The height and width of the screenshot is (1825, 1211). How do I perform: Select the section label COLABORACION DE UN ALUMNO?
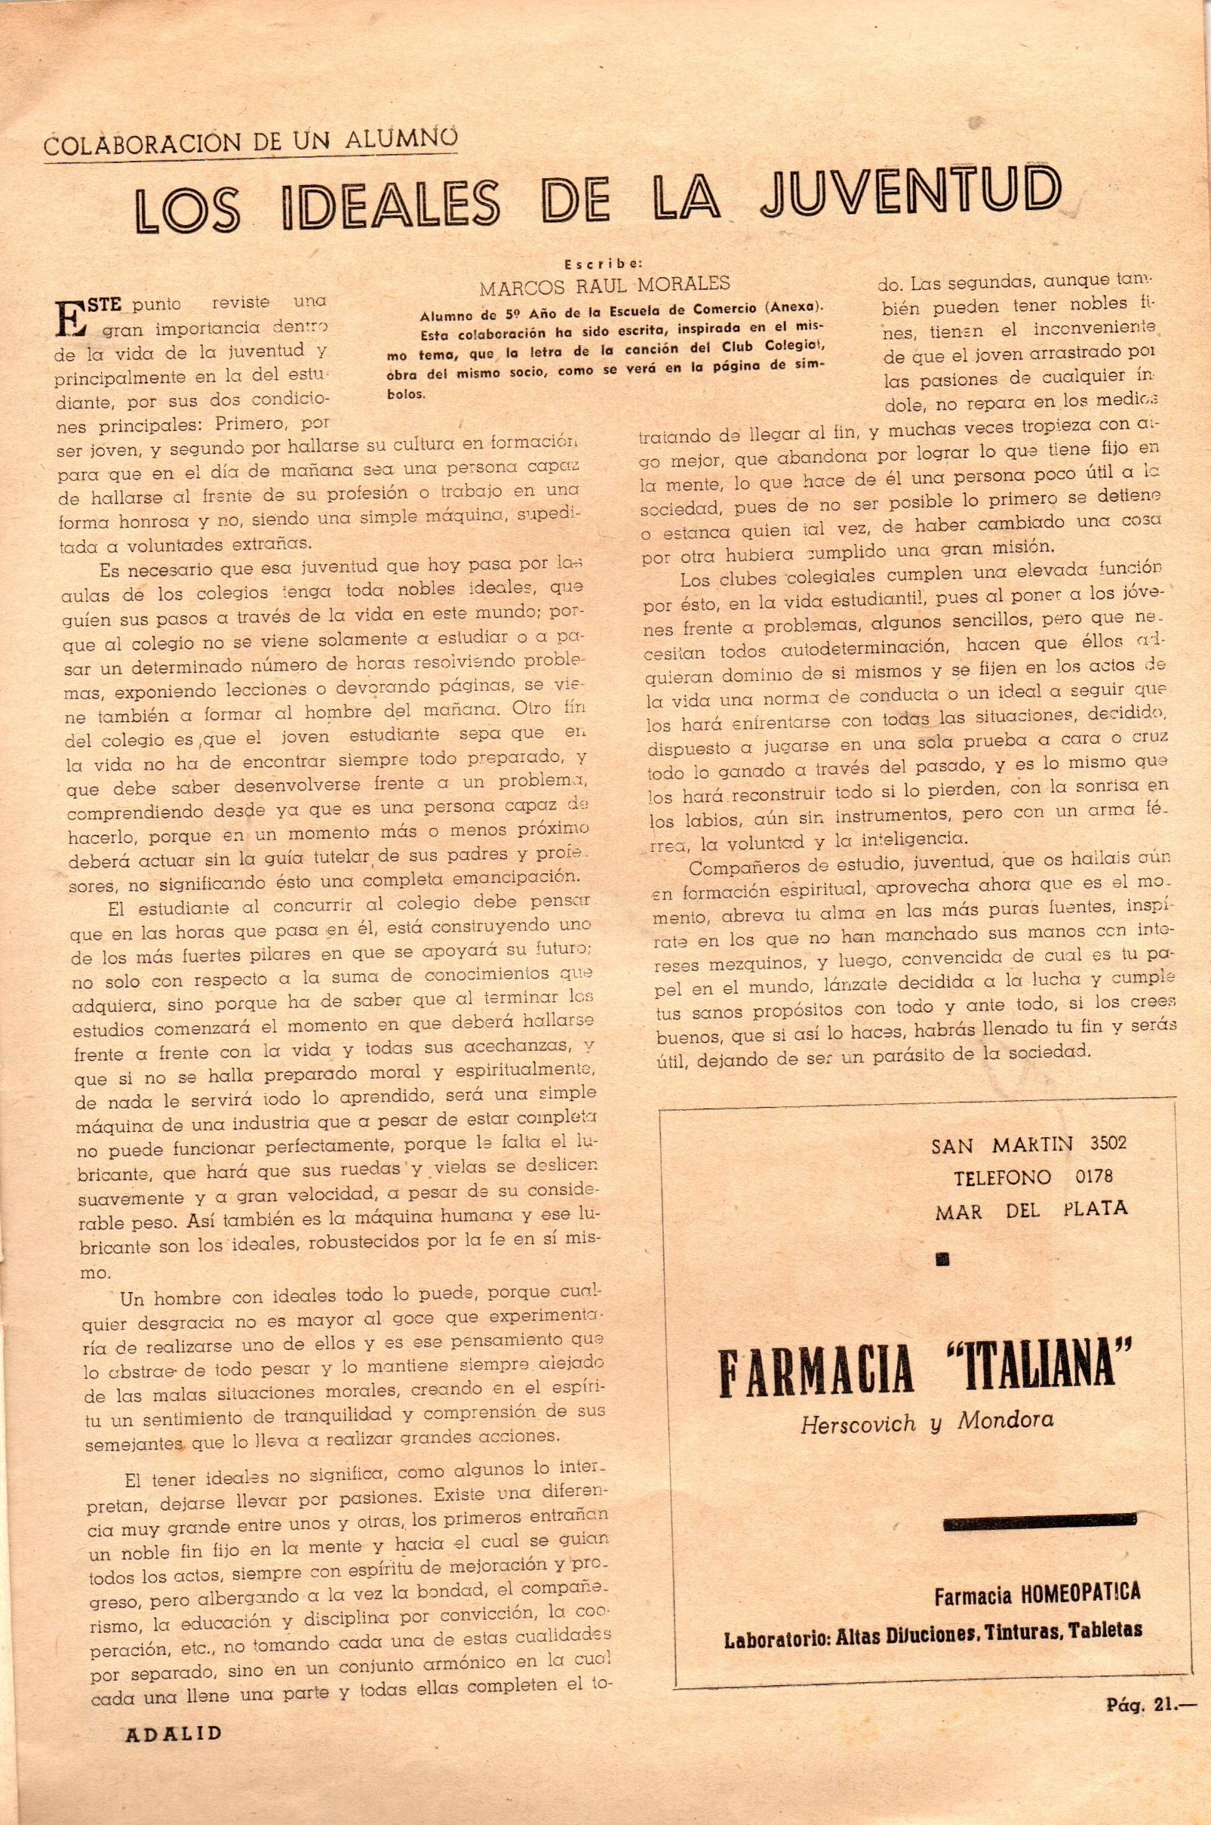point(250,142)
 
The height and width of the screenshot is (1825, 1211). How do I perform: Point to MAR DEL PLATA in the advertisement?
point(1031,1209)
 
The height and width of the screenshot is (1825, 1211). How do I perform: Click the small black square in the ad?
point(942,1260)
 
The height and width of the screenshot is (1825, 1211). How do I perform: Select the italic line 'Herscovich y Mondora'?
point(927,1422)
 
